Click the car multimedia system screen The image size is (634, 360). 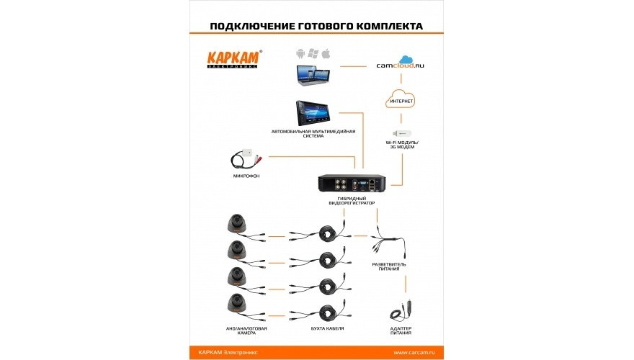pyautogui.click(x=318, y=113)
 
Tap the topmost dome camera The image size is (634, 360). pyautogui.click(x=236, y=224)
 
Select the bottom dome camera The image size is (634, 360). pyautogui.click(x=236, y=303)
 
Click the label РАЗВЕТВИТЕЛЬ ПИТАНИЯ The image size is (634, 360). pyautogui.click(x=389, y=267)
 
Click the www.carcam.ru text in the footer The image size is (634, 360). pyautogui.click(x=414, y=352)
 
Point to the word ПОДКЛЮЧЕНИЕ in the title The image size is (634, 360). pyautogui.click(x=251, y=26)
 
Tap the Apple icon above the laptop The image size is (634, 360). pyautogui.click(x=326, y=54)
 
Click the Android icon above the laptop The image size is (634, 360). pyautogui.click(x=300, y=54)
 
